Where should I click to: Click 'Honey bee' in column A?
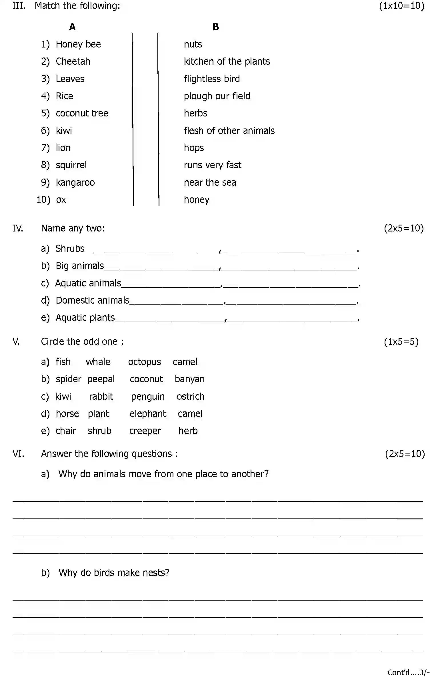click(x=78, y=44)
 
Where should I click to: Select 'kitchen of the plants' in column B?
click(x=227, y=62)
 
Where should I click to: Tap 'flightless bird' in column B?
click(x=212, y=79)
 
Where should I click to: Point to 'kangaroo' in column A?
click(x=75, y=183)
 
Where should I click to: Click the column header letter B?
click(x=216, y=27)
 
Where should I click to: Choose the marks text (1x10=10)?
click(x=401, y=6)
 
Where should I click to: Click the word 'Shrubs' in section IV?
click(x=70, y=249)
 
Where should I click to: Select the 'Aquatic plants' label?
click(x=85, y=318)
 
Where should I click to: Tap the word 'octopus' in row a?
click(x=144, y=362)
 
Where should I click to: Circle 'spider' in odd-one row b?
click(x=69, y=379)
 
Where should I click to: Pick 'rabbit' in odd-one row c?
click(x=101, y=397)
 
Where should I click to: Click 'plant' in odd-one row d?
click(x=98, y=414)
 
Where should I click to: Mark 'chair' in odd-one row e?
click(x=66, y=431)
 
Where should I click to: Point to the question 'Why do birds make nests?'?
click(x=114, y=573)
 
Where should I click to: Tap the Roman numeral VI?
click(x=18, y=454)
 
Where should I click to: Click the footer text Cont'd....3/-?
click(x=408, y=672)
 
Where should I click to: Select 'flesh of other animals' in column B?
click(x=229, y=131)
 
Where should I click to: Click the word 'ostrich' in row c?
click(x=190, y=397)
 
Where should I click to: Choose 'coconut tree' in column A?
click(x=82, y=114)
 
